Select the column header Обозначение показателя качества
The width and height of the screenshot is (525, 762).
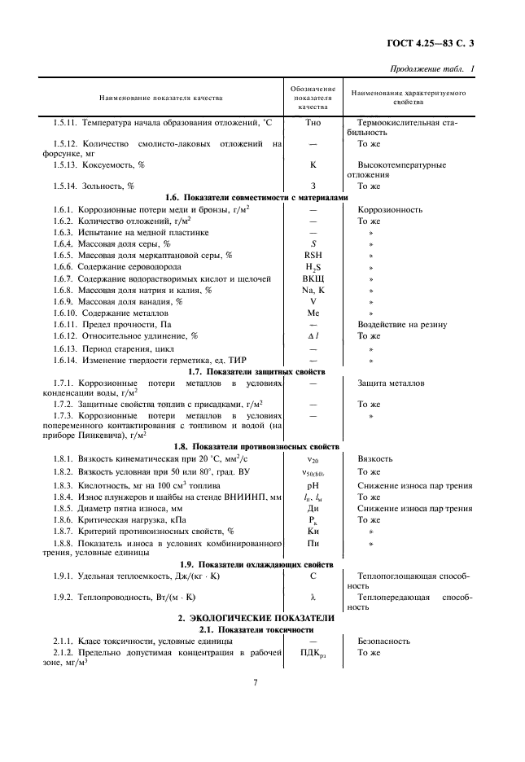(313, 97)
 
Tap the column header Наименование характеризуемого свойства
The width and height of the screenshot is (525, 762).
(408, 98)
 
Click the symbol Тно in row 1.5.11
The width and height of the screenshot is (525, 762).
(313, 122)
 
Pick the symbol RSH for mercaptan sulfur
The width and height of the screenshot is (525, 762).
(313, 255)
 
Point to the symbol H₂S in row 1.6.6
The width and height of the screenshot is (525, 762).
(313, 267)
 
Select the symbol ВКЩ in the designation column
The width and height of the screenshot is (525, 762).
(313, 278)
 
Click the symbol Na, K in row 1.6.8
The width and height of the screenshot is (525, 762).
(313, 290)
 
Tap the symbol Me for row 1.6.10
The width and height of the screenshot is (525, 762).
(313, 313)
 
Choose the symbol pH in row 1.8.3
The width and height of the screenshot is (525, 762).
(313, 485)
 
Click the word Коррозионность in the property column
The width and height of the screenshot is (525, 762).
(390, 209)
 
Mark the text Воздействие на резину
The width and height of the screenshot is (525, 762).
(402, 324)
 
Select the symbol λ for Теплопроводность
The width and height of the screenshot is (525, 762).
(313, 597)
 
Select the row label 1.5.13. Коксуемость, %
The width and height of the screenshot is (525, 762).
(98, 164)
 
